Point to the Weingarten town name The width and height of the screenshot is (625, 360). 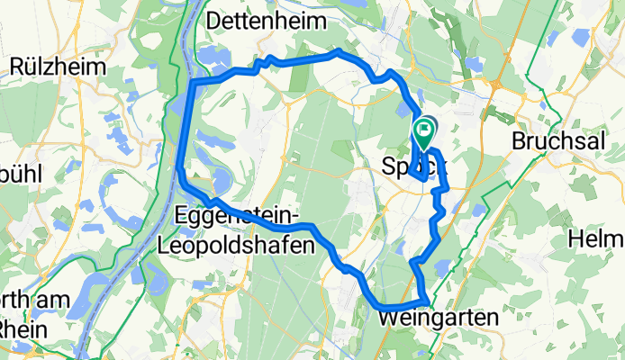439,319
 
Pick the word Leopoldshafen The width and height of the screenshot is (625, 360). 236,244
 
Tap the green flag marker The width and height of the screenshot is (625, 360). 424,134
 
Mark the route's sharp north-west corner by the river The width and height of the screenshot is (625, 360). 193,83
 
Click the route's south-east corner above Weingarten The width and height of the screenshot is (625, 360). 426,299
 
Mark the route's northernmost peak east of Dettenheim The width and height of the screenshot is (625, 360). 337,52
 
